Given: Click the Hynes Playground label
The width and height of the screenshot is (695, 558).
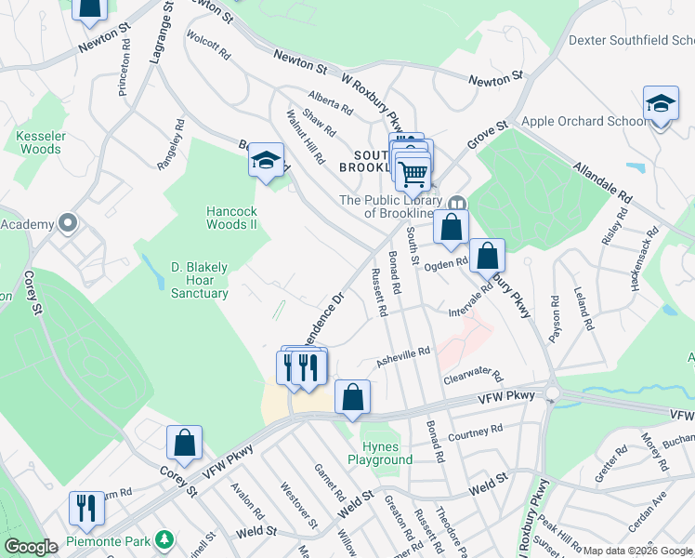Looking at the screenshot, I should pyautogui.click(x=380, y=453).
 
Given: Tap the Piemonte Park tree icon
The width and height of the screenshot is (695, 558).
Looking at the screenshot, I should pyautogui.click(x=164, y=539).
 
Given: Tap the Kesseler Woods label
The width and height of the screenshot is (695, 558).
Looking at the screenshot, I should pyautogui.click(x=41, y=142).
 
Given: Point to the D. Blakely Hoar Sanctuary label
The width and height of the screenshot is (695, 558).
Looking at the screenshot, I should pyautogui.click(x=199, y=280).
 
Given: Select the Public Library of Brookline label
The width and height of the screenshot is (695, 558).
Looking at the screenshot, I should pyautogui.click(x=390, y=206).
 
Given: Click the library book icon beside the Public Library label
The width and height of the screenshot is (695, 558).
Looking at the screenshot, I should pyautogui.click(x=456, y=203).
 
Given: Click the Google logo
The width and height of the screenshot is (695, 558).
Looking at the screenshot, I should pyautogui.click(x=31, y=547).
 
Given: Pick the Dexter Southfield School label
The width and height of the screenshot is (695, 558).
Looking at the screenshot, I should pyautogui.click(x=631, y=40).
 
